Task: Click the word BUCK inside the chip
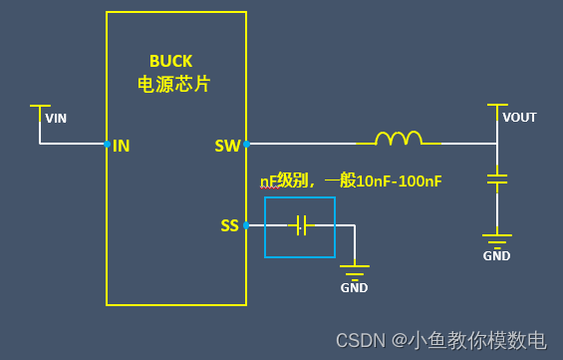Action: tap(170, 61)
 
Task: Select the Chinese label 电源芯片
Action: tap(173, 85)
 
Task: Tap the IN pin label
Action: tap(122, 146)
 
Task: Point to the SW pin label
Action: tap(227, 146)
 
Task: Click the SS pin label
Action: tap(229, 225)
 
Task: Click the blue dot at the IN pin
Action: tap(107, 144)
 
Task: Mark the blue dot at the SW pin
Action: tap(246, 144)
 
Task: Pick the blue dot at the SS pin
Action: tap(246, 225)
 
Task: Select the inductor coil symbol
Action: tap(397, 139)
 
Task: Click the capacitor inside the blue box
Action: tap(300, 226)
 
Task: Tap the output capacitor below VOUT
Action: tap(496, 180)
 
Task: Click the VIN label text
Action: tap(56, 118)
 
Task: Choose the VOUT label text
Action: tap(519, 118)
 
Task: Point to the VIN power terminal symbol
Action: tap(40, 107)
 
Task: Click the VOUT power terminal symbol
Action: tap(496, 106)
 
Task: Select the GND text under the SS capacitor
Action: tap(354, 288)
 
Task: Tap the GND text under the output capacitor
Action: tap(496, 255)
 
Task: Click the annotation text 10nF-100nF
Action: tap(399, 180)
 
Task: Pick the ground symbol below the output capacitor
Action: tap(496, 239)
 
